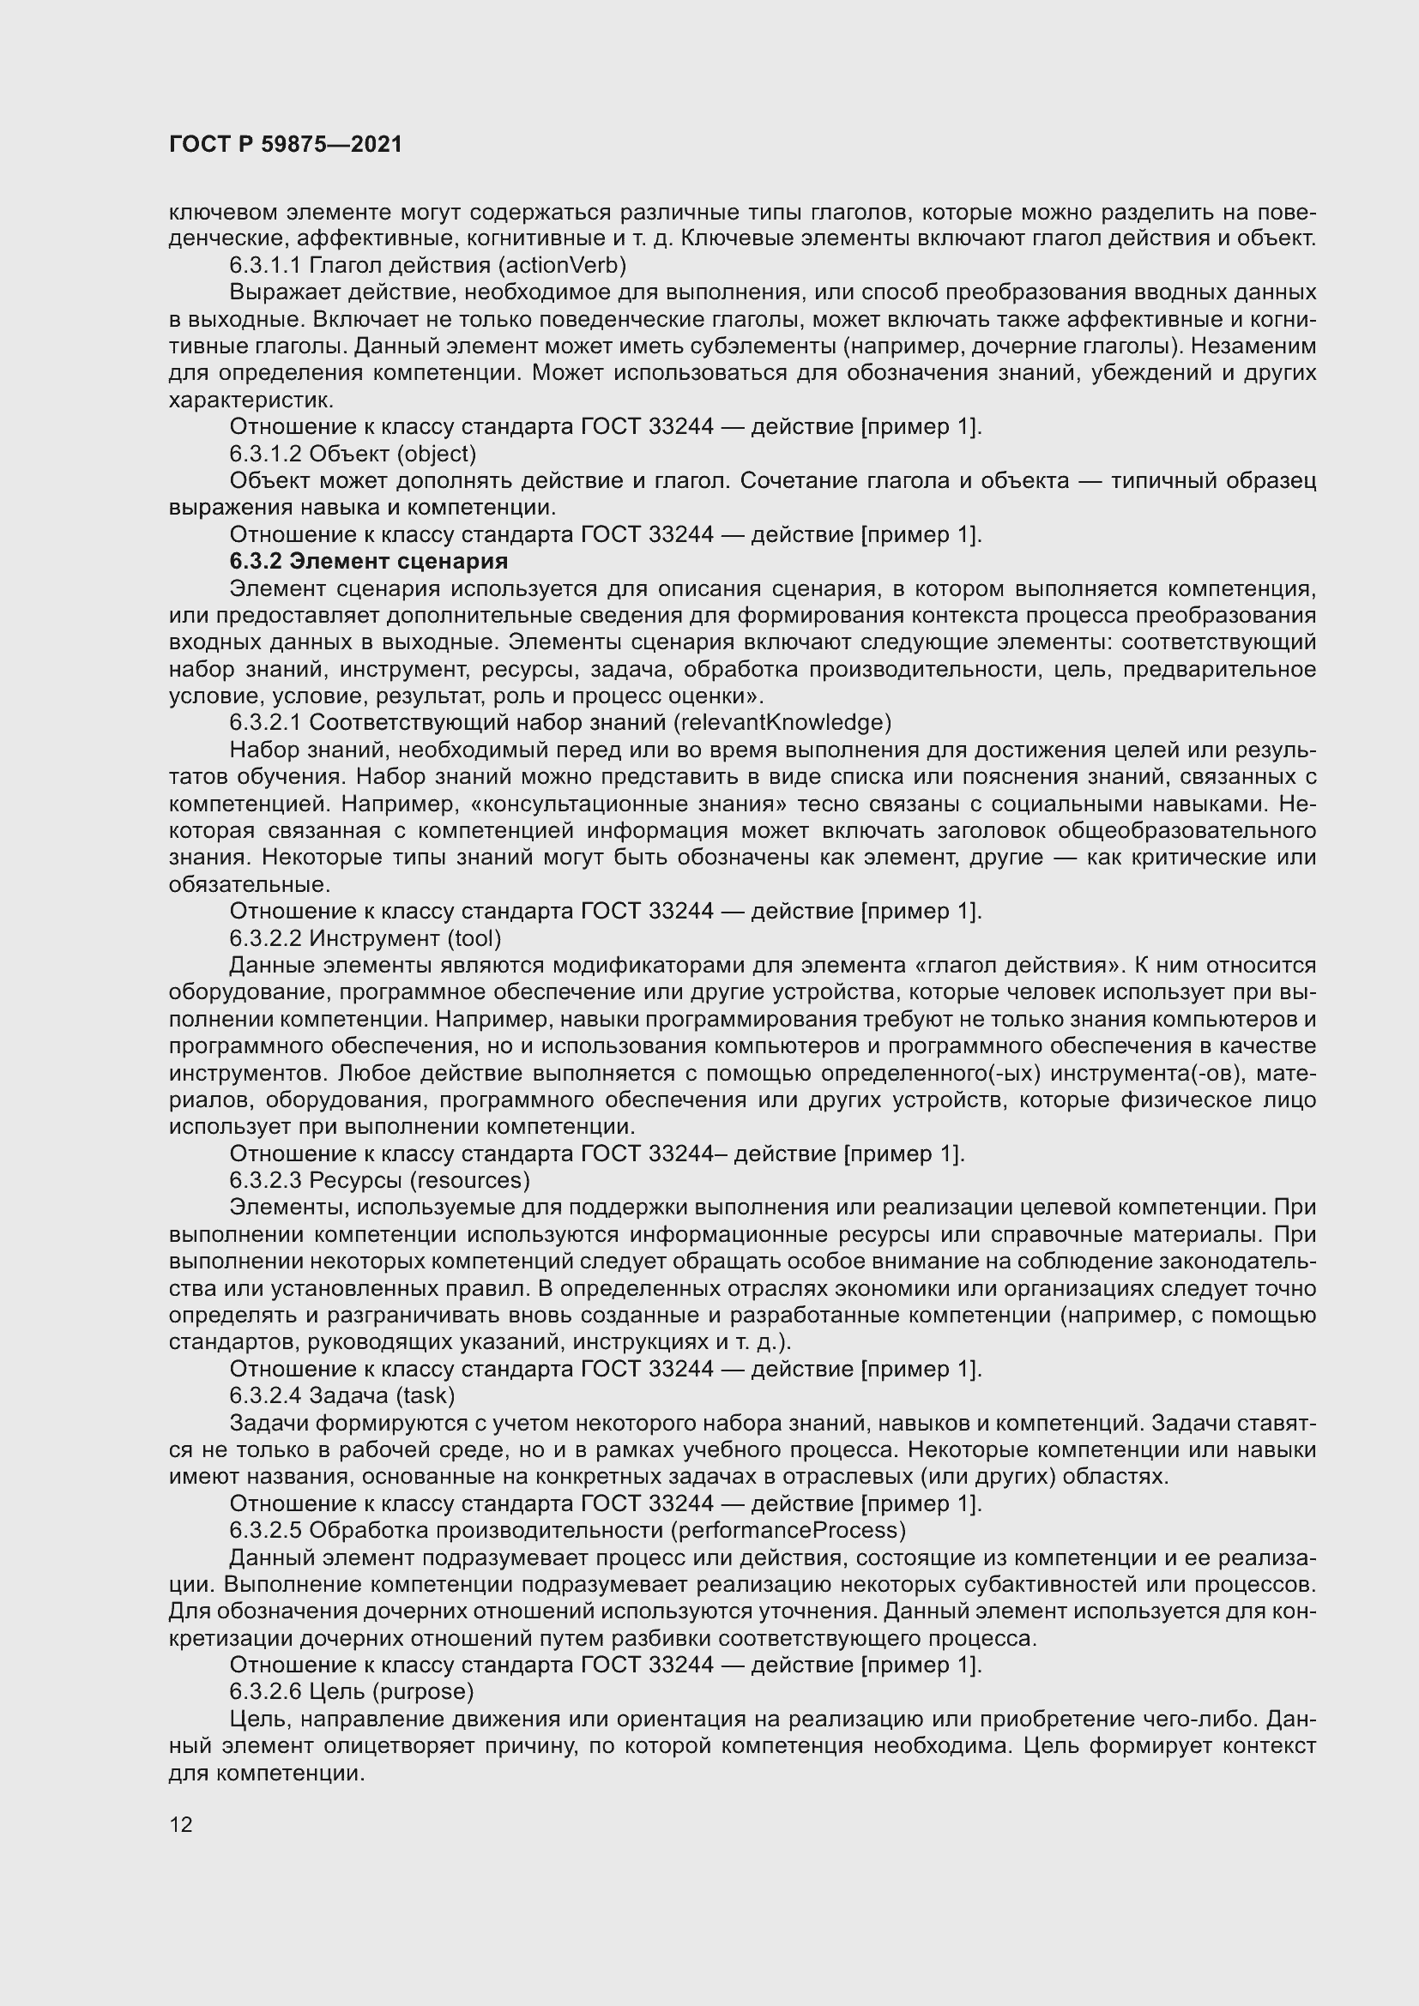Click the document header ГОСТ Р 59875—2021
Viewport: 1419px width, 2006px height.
[286, 144]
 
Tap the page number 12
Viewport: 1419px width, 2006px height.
[181, 1824]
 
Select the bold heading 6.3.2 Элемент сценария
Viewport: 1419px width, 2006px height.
[369, 560]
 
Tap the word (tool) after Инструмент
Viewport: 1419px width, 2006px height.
[474, 938]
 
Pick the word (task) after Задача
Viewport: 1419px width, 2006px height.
[426, 1395]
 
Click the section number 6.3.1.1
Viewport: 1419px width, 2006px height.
[267, 265]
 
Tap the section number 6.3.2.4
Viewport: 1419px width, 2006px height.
[267, 1395]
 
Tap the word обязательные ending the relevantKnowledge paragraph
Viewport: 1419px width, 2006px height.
[249, 884]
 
